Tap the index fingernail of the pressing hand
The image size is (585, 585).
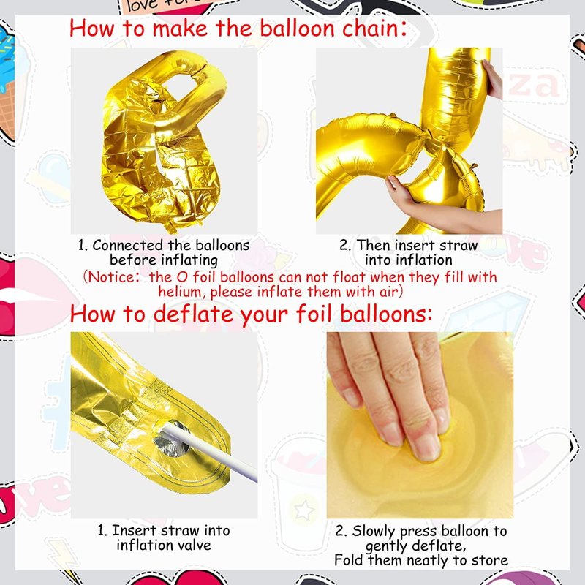[x=426, y=446]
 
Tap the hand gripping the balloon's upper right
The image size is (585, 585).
[x=493, y=80]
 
